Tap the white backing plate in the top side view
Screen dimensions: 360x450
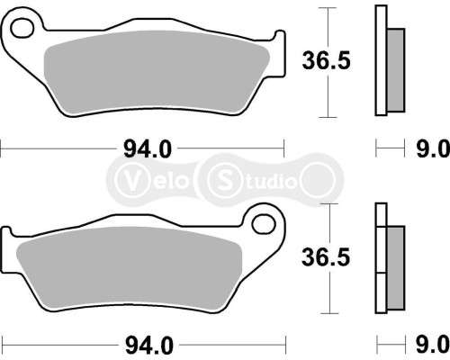click(380, 63)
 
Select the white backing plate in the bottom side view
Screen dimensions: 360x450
click(380, 261)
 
